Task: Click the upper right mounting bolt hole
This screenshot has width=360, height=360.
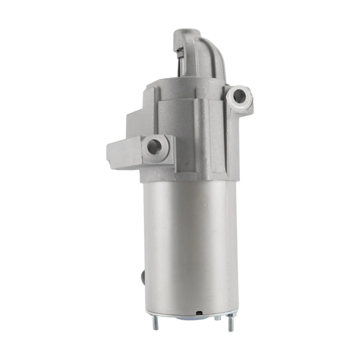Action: pos(239,96)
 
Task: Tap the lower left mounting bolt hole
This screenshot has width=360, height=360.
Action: pos(154,147)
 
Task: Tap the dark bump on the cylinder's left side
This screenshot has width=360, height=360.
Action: pos(142,278)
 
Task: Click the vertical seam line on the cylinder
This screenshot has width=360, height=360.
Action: pos(227,244)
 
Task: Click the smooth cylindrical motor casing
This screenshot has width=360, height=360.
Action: pos(187,244)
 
